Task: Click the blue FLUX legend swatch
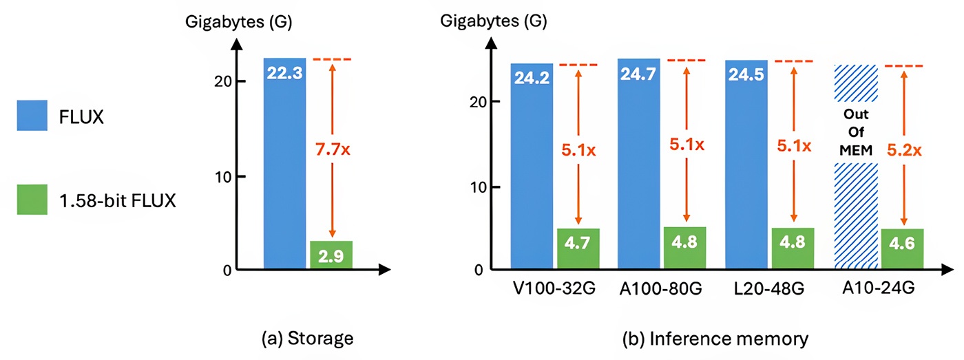tap(33, 117)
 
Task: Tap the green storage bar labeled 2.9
tap(331, 255)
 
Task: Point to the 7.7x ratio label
tap(333, 147)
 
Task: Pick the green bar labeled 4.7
tap(578, 248)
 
